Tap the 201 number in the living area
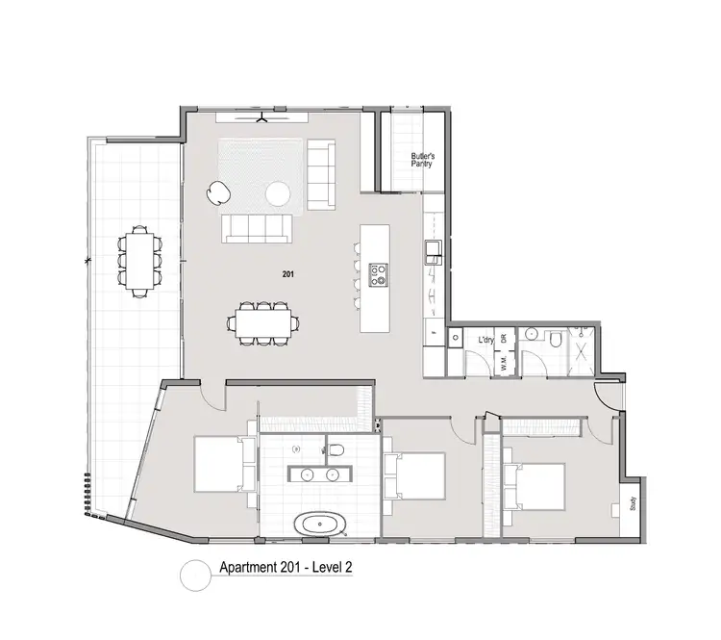pos(287,274)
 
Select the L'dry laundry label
pos(486,341)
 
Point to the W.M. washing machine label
pos(503,363)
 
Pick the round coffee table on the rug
pos(279,193)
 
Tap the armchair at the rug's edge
pos(219,193)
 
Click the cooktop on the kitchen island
pos(379,274)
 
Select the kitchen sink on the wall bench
pos(432,251)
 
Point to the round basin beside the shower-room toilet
pos(529,337)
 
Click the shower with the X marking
pos(582,346)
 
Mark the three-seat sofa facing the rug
pos(258,227)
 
